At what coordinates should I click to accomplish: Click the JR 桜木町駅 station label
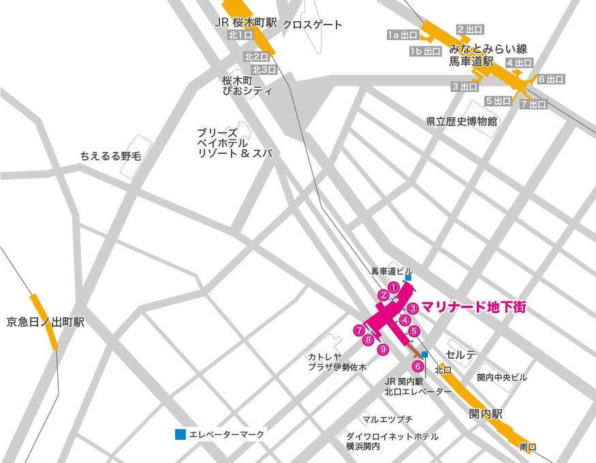pos(246,22)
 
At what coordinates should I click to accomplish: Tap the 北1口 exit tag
pos(240,35)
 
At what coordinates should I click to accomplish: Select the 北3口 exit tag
pos(264,69)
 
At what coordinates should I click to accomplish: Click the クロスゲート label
pos(313,25)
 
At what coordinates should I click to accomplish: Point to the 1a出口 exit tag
pos(403,35)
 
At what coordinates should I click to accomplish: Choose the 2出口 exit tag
pos(470,29)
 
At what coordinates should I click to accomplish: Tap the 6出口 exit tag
pos(551,80)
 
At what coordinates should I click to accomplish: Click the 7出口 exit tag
pos(533,104)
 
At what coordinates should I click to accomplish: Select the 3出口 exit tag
pos(465,86)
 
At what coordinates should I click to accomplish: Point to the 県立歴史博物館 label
pos(462,122)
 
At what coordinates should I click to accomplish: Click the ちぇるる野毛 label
pos(110,156)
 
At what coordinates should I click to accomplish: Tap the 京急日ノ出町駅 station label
pos(46,322)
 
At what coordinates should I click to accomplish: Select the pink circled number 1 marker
pos(393,287)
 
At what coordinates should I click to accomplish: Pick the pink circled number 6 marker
pos(418,366)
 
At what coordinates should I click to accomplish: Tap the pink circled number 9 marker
pos(383,349)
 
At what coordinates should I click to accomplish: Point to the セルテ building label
pos(461,355)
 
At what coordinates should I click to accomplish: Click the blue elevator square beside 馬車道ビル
pos(408,278)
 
